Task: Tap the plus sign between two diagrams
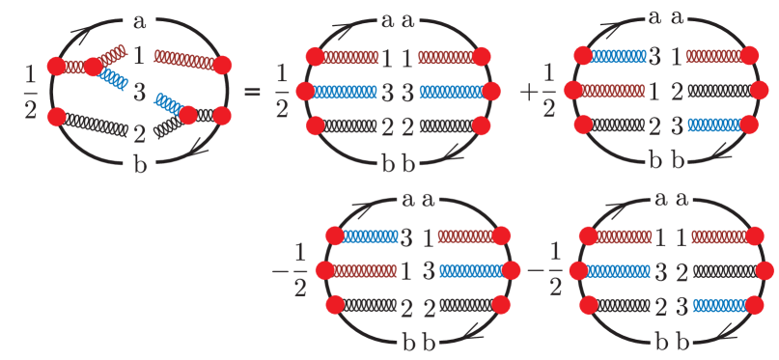528,93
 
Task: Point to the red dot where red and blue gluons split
94,67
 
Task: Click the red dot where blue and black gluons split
187,115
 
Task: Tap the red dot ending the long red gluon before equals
223,66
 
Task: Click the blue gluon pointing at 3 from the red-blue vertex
114,80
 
